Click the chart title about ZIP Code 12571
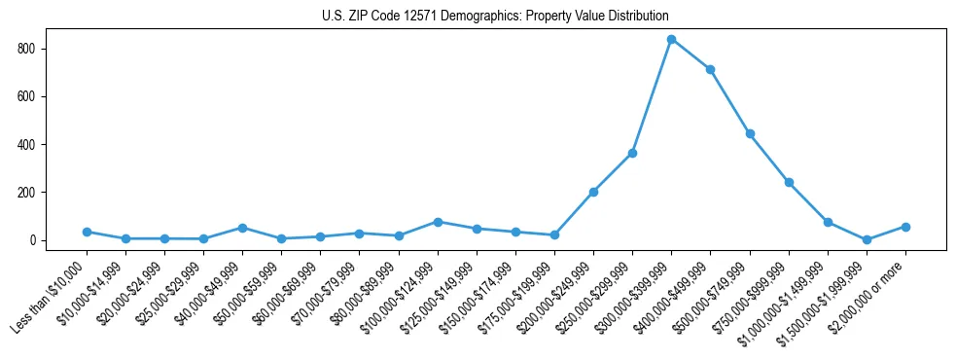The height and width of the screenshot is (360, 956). [x=495, y=17]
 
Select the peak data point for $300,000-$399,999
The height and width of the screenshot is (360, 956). [x=671, y=39]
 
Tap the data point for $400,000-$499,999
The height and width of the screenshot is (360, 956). [x=710, y=69]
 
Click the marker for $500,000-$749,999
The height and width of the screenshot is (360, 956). [x=750, y=133]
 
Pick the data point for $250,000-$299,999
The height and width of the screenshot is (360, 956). [x=632, y=153]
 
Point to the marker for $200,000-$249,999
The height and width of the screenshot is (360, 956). [x=593, y=192]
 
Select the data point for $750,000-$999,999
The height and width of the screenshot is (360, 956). [x=789, y=182]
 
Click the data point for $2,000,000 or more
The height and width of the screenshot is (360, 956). [x=905, y=227]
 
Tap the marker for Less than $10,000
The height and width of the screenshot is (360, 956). [x=87, y=232]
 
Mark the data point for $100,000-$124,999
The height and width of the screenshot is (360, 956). [x=438, y=222]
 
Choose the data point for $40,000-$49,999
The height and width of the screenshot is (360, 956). [x=242, y=228]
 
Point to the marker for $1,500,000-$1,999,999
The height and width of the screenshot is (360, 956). [x=867, y=239]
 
